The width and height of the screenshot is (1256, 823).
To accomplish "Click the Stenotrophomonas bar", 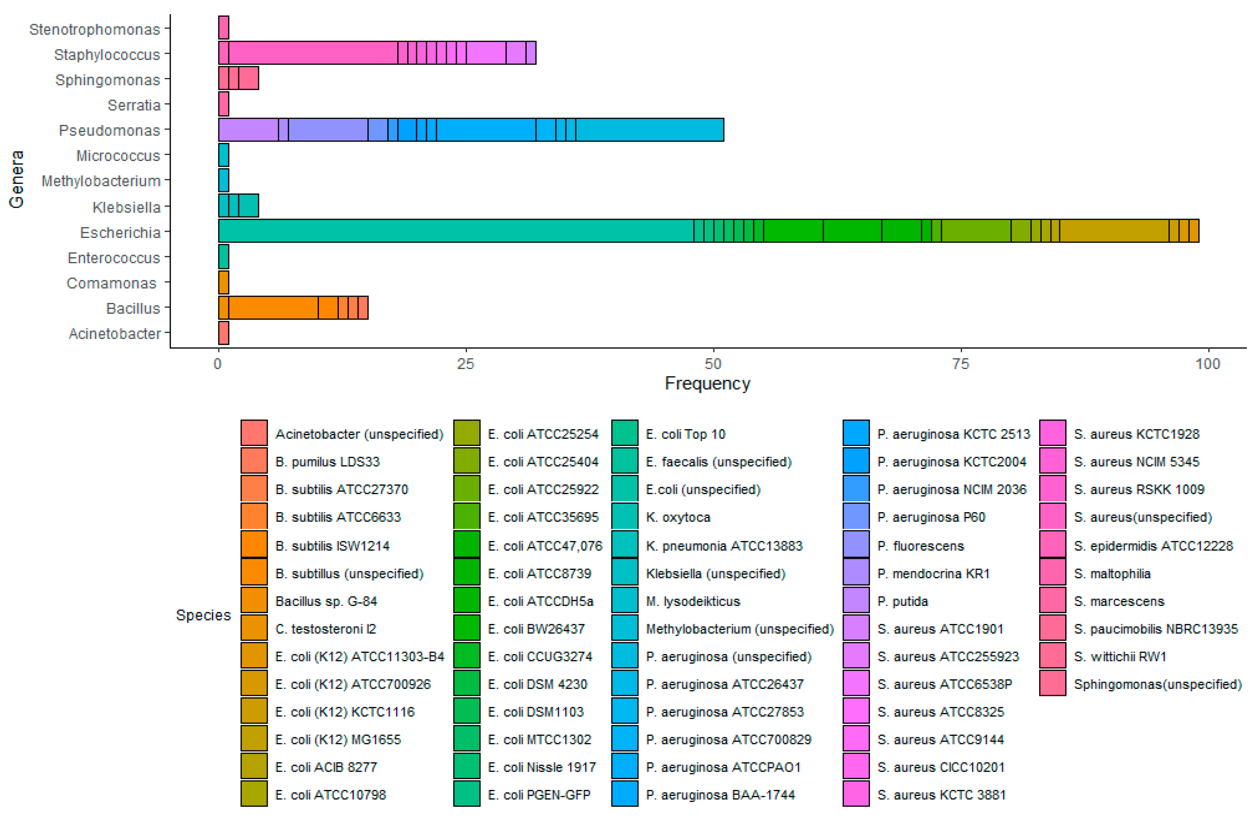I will [223, 28].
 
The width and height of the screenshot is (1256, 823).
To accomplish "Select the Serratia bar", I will [223, 104].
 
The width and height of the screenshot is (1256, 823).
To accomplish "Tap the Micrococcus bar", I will [223, 155].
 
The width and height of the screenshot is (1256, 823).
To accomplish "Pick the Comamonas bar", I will [223, 282].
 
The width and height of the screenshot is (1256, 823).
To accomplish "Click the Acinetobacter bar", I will [223, 333].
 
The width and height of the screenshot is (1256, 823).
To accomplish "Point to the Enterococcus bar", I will [223, 257].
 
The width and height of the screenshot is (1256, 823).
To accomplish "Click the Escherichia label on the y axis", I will [120, 233].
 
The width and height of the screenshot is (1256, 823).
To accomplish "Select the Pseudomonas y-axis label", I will [109, 130].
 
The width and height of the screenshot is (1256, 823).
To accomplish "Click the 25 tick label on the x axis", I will [465, 364].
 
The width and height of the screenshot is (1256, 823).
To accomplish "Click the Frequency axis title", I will [707, 384].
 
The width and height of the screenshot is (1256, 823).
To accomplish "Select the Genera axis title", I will [16, 179].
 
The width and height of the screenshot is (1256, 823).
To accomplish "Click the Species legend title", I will [203, 615].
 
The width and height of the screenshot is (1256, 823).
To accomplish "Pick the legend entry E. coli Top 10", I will [685, 434].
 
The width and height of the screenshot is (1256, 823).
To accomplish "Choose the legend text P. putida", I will [903, 601].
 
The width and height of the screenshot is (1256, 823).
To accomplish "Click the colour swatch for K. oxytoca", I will [625, 516].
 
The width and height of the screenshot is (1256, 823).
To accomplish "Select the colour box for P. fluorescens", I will [856, 544].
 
